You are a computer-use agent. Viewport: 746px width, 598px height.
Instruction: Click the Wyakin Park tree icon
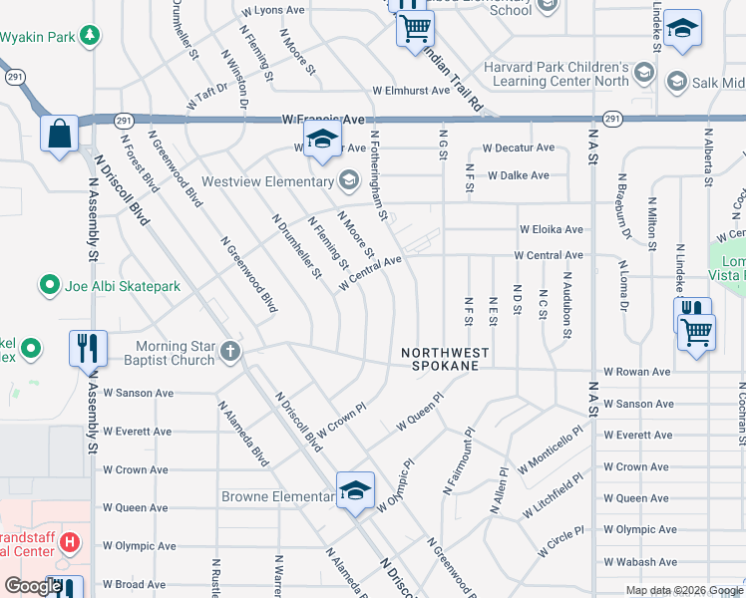pyautogui.click(x=91, y=37)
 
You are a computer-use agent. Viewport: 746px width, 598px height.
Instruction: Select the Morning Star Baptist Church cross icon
pyautogui.click(x=230, y=351)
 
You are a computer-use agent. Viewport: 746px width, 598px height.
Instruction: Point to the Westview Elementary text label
pyautogui.click(x=266, y=181)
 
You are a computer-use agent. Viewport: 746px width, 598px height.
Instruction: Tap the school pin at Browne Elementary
pyautogui.click(x=354, y=491)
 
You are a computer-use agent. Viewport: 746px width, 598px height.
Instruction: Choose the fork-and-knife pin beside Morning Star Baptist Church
pyautogui.click(x=88, y=348)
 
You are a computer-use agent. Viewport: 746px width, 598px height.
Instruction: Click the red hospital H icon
pyautogui.click(x=70, y=543)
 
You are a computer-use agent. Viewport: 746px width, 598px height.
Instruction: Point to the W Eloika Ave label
pyautogui.click(x=550, y=229)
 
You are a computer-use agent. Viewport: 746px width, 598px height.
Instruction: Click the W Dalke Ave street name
pyautogui.click(x=518, y=175)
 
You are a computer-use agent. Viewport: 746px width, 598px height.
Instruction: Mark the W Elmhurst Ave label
pyautogui.click(x=411, y=91)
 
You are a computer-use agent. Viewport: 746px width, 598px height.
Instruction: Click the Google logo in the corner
pyautogui.click(x=33, y=586)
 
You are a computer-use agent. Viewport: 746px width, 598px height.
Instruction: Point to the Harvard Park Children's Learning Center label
pyautogui.click(x=555, y=75)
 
